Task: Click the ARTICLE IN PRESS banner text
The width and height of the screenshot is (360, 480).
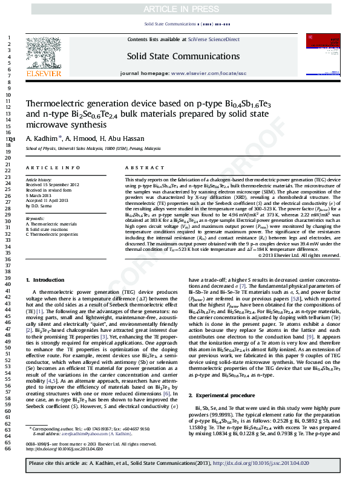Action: (x=180, y=9)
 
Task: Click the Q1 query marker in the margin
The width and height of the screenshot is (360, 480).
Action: (x=11, y=140)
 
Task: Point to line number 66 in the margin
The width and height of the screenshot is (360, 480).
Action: (x=8, y=466)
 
